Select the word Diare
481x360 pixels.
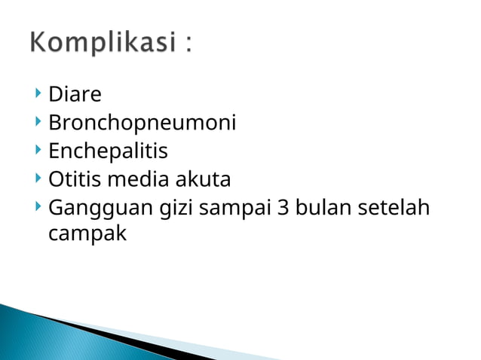(x=75, y=95)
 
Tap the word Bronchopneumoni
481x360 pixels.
(x=142, y=124)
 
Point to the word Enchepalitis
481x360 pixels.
(x=108, y=151)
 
